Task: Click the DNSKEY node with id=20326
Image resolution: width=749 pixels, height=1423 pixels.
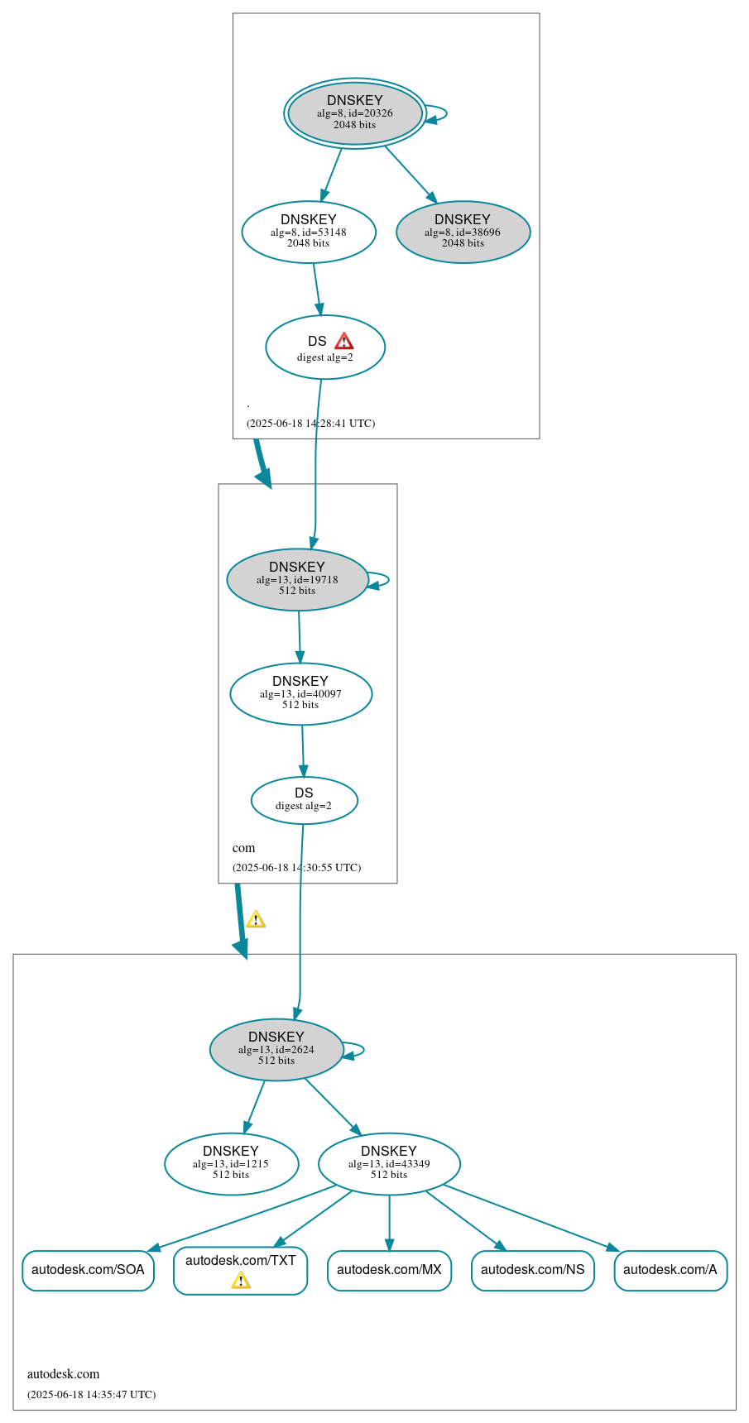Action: click(x=355, y=113)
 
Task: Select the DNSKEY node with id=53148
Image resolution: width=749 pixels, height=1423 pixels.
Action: click(x=309, y=232)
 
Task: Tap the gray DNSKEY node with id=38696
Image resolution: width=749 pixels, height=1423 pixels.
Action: click(x=463, y=232)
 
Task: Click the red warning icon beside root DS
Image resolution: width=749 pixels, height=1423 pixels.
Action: click(x=344, y=341)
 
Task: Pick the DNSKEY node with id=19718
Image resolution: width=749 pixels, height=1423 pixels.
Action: click(x=297, y=579)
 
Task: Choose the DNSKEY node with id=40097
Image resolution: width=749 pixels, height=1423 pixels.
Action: click(x=300, y=693)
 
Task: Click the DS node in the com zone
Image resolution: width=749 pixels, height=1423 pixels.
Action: click(x=304, y=800)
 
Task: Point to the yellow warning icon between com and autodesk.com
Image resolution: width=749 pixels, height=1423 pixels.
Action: click(x=256, y=919)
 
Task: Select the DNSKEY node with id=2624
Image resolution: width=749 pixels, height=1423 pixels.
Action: click(x=276, y=1049)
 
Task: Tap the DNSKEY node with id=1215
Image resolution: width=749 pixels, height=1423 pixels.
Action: click(x=231, y=1163)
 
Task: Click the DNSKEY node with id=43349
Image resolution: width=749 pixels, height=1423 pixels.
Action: click(x=389, y=1163)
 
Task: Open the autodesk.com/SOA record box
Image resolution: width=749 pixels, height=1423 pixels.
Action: click(x=88, y=1270)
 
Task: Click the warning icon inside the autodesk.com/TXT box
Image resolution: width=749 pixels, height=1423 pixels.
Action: click(x=240, y=1281)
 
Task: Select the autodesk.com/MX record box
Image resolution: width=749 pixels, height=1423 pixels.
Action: click(x=389, y=1270)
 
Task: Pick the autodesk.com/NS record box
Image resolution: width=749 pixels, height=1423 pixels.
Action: click(x=532, y=1270)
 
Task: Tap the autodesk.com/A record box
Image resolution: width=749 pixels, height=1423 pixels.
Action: click(x=670, y=1270)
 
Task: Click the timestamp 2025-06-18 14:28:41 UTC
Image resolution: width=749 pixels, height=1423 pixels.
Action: click(x=310, y=423)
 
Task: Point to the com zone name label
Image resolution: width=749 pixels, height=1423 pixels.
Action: click(x=243, y=848)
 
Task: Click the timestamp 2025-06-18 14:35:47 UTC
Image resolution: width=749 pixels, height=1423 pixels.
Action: click(x=91, y=1394)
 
